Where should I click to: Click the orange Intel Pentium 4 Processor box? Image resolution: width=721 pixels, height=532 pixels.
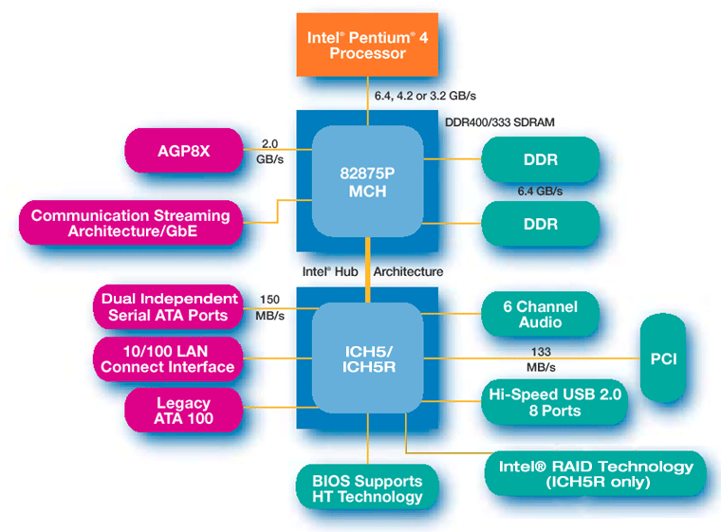tap(368, 45)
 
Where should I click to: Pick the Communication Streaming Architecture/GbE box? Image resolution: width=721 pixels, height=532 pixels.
tap(130, 223)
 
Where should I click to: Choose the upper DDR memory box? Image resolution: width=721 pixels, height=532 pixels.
tap(540, 159)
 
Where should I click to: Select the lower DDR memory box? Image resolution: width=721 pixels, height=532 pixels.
tap(540, 225)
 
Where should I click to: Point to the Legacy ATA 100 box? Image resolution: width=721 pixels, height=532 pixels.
tap(183, 411)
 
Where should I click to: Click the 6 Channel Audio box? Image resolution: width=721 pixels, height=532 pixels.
tap(540, 315)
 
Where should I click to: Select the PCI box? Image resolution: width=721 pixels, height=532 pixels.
tap(675, 358)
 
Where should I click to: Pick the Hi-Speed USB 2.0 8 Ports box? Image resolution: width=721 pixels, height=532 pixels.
tap(554, 402)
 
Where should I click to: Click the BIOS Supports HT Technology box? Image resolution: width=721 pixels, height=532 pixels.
tap(367, 488)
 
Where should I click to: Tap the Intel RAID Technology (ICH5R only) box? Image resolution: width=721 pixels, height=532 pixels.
tap(597, 474)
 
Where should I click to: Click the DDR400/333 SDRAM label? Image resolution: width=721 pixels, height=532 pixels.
tap(500, 122)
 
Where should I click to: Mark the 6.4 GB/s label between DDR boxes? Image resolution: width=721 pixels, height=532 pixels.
tap(540, 192)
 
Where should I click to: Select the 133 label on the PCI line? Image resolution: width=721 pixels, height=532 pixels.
tap(541, 350)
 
